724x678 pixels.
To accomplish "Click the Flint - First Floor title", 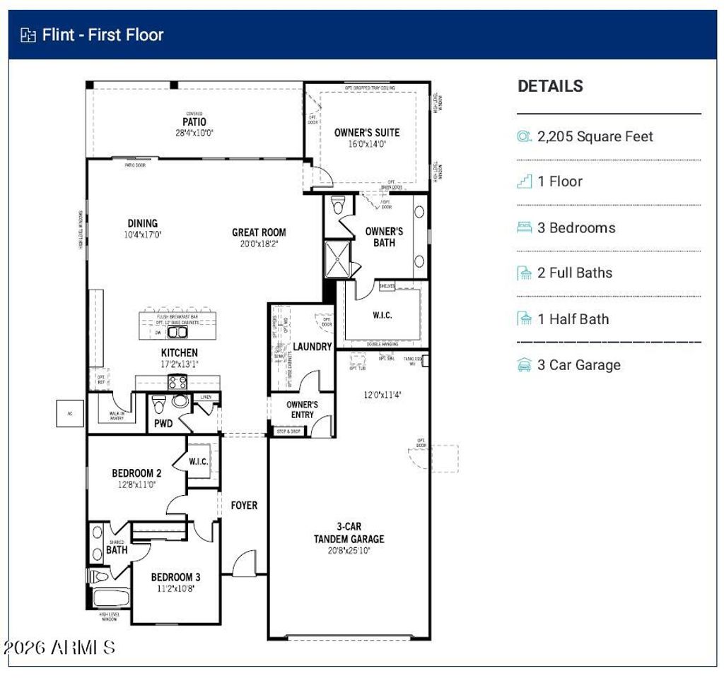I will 103,35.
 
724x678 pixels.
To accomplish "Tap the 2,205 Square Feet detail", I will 595,136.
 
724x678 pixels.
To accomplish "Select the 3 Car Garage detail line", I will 578,365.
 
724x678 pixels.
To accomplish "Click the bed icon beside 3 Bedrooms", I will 524,227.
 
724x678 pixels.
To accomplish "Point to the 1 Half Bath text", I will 573,319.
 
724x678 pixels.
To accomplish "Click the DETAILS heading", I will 550,86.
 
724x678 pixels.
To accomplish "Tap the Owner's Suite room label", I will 366,132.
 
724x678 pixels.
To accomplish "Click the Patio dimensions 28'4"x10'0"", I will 194,132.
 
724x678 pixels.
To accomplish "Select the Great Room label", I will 259,232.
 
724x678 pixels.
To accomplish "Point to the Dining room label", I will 143,223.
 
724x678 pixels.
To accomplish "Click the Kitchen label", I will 180,352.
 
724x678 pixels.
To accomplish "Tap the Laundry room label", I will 312,347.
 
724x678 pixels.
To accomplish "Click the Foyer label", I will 244,505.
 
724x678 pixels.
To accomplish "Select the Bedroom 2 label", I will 136,473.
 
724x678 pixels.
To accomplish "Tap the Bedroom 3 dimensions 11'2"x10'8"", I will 175,588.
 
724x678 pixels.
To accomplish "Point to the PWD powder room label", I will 163,424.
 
